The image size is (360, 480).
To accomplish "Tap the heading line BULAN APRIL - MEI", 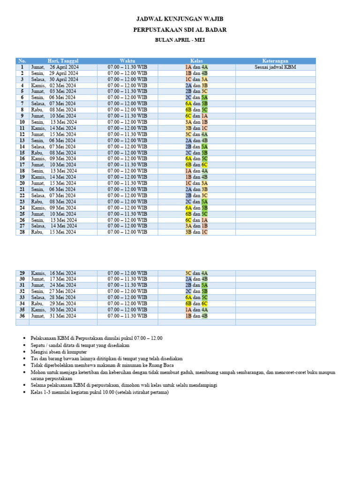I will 180,40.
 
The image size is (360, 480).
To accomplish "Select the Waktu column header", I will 127,61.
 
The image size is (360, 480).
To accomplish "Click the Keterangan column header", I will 275,61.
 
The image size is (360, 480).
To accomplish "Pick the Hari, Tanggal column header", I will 63,61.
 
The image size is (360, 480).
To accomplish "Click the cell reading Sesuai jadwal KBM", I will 275,67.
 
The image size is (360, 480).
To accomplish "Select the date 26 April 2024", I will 64,67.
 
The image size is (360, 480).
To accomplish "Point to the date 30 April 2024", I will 64,79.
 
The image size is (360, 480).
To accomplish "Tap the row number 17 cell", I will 22,165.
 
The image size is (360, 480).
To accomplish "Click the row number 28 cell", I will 22,232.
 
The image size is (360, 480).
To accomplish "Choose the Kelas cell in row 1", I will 196,67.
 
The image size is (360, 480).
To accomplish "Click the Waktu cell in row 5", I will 127,91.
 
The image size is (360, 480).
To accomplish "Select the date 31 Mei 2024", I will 63,315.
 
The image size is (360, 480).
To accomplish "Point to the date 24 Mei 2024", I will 63,285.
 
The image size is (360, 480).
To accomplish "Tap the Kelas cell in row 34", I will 196,303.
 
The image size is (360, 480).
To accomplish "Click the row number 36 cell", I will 22,315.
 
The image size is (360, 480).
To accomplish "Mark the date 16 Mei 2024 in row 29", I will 63,273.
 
